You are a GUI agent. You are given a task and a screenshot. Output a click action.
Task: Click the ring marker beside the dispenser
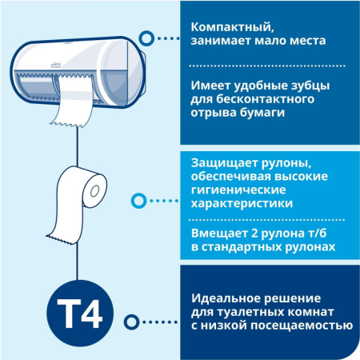(147, 36)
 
